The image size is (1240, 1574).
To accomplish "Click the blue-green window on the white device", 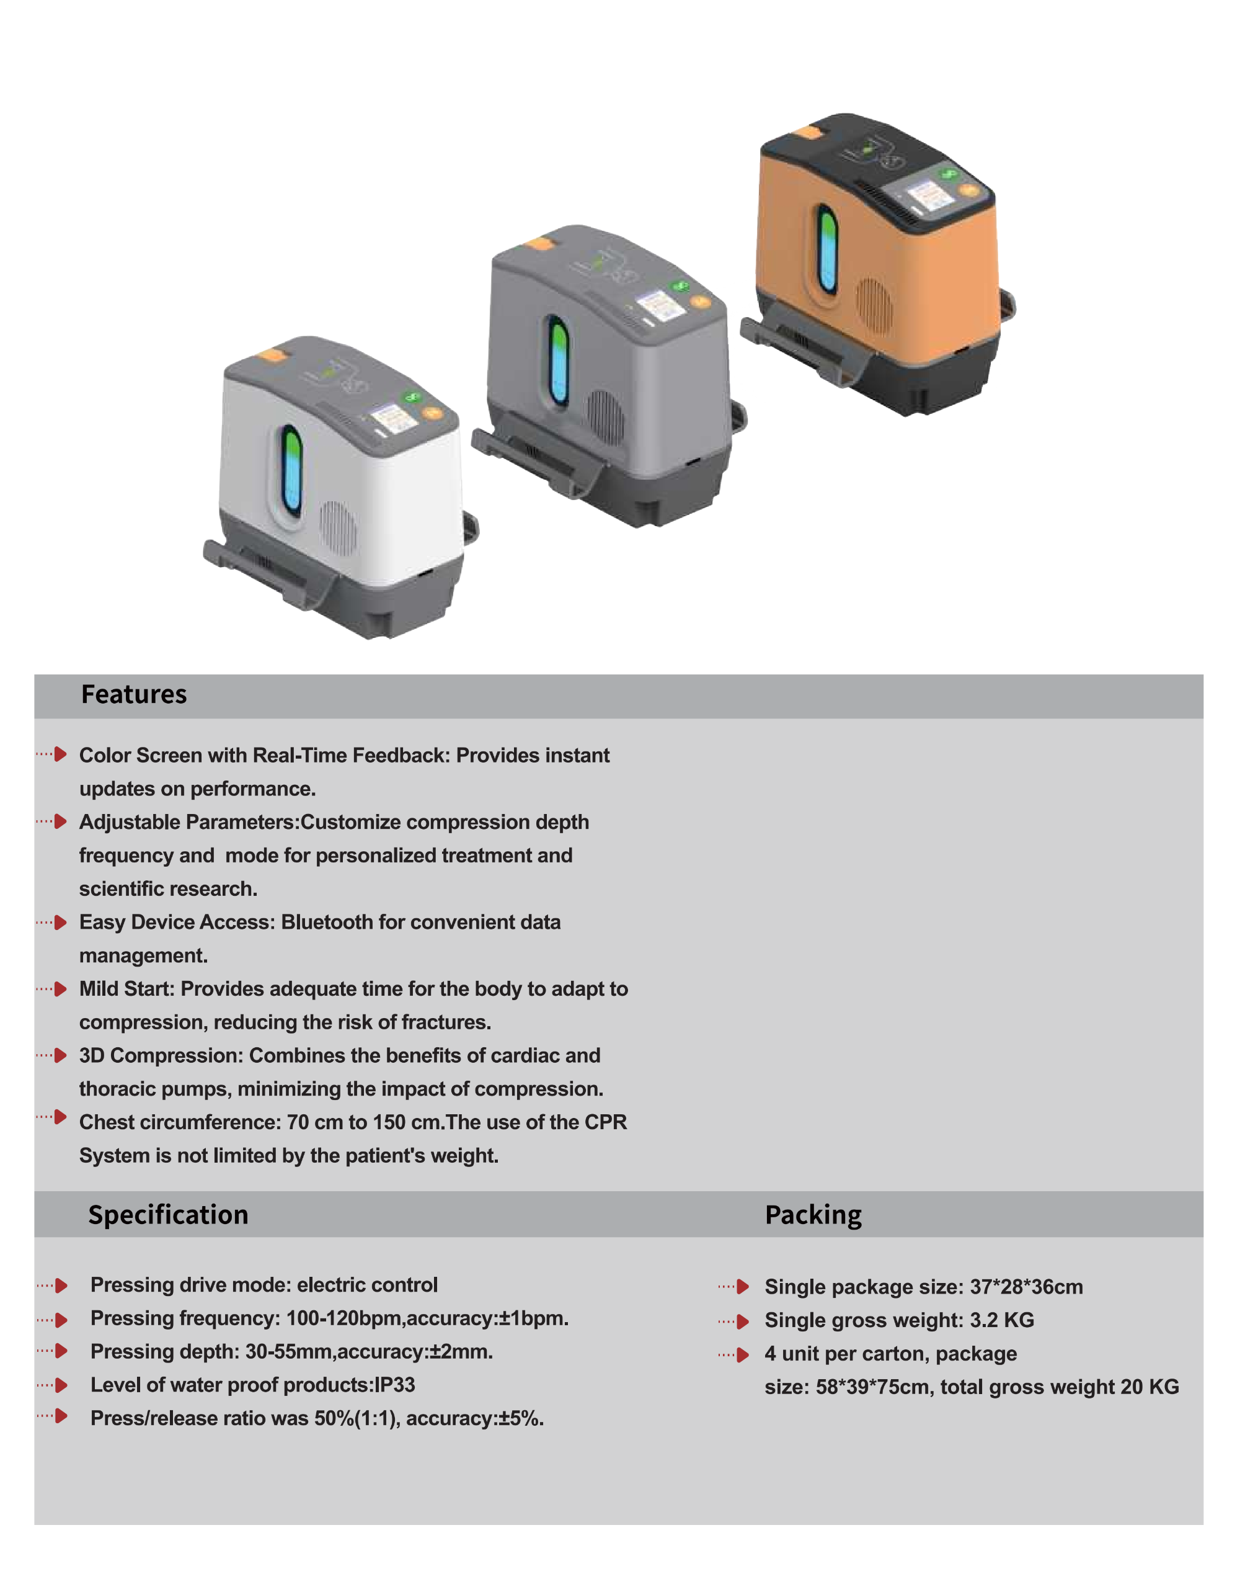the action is [292, 471].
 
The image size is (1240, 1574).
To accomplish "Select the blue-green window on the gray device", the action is [557, 360].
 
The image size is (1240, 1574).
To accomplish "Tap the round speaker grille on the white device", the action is [339, 527].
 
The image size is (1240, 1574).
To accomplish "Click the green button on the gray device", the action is [680, 285].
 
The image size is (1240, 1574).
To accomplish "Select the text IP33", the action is [395, 1385].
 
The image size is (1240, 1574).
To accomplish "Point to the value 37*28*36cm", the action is [1027, 1287].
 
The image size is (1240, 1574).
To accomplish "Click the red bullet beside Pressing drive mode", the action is [61, 1286].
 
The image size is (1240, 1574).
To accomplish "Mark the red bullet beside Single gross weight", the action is [742, 1321].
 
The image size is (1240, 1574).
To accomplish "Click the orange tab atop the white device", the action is [272, 356].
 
